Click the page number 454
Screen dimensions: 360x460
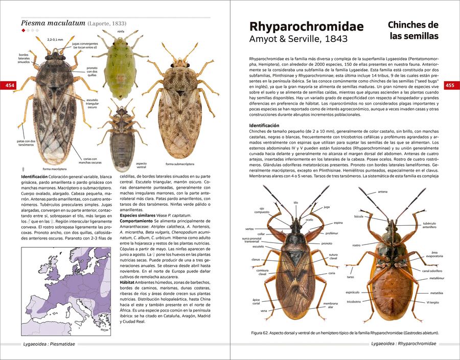click(x=9, y=85)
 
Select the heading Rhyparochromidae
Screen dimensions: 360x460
click(x=306, y=27)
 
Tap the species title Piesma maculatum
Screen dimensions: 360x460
click(x=53, y=23)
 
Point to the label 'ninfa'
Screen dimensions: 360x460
click(x=121, y=31)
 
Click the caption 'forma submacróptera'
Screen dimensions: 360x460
click(x=180, y=164)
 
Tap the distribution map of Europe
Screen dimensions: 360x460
click(x=65, y=291)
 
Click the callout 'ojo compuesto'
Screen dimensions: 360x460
click(x=262, y=211)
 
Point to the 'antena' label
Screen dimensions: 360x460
click(x=382, y=191)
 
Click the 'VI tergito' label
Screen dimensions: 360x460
click(x=432, y=302)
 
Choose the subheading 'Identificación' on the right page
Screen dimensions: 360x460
click(x=264, y=126)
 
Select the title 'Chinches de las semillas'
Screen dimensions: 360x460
click(x=412, y=30)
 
